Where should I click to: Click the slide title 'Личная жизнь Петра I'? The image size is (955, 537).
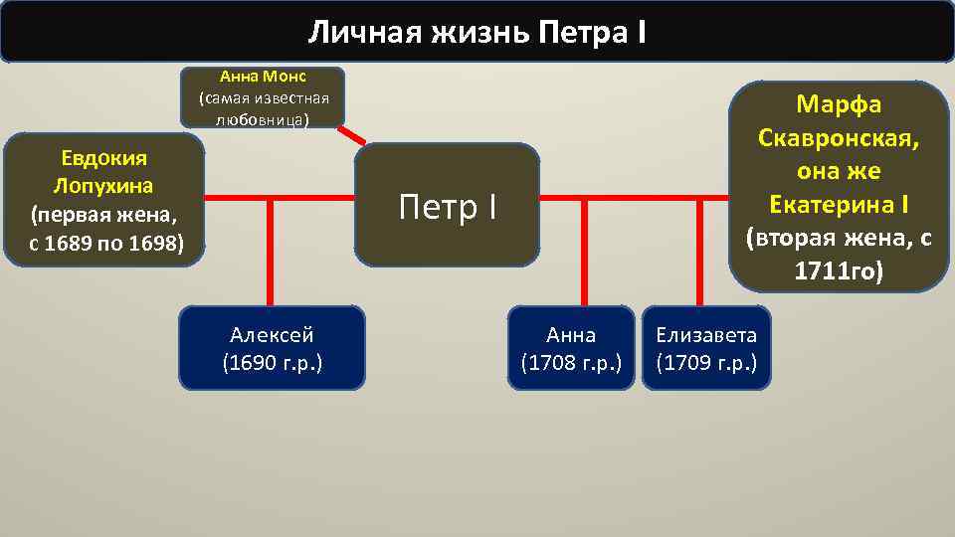point(477,32)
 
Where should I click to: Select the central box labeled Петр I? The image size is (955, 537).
point(447,206)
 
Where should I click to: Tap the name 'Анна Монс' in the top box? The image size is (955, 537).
point(264,77)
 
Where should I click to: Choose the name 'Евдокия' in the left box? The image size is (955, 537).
point(104,159)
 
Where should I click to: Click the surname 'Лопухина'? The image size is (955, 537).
point(104,186)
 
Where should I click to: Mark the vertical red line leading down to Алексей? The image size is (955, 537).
point(271,254)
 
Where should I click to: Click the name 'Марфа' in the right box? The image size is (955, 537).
point(839,104)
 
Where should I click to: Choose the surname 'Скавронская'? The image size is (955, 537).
point(839,137)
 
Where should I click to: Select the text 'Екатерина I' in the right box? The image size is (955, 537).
point(839,205)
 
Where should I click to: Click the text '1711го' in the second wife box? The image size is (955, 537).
point(839,270)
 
